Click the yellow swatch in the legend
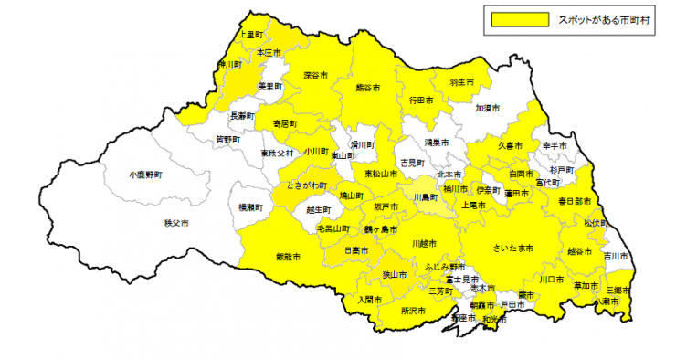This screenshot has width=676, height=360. pyautogui.click(x=519, y=18)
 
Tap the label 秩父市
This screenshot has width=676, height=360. pyautogui.click(x=175, y=223)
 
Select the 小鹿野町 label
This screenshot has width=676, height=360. pyautogui.click(x=145, y=173)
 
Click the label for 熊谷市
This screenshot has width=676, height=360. pyautogui.click(x=367, y=88)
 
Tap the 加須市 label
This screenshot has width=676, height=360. pyautogui.click(x=488, y=108)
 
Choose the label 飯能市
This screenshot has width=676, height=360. pyautogui.click(x=288, y=257)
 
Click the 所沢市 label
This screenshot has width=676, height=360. pyautogui.click(x=413, y=311)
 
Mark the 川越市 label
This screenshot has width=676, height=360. pyautogui.click(x=424, y=243)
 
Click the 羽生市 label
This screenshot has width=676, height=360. pyautogui.click(x=462, y=82)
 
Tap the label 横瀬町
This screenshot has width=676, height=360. pyautogui.click(x=250, y=207)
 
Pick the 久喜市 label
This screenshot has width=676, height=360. pyautogui.click(x=511, y=145)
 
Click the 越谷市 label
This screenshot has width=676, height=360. pyautogui.click(x=579, y=249)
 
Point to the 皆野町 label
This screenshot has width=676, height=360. pyautogui.click(x=228, y=139)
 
